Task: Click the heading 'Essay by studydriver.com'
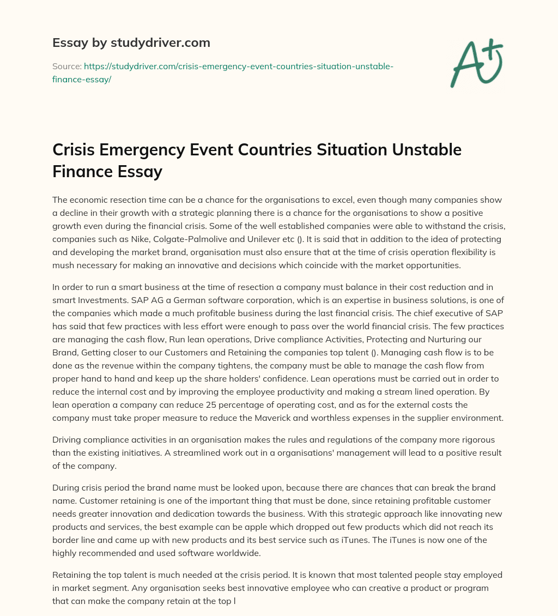131,43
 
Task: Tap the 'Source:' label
66,66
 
